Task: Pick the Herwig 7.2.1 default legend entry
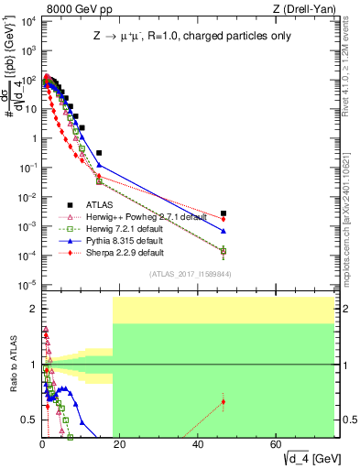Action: click(x=123, y=228)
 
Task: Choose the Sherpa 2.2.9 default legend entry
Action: click(x=124, y=252)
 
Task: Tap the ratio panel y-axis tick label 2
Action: click(x=32, y=309)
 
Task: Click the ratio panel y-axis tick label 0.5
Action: click(x=27, y=420)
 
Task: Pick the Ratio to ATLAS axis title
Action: click(x=12, y=365)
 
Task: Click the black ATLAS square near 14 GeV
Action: click(x=99, y=152)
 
